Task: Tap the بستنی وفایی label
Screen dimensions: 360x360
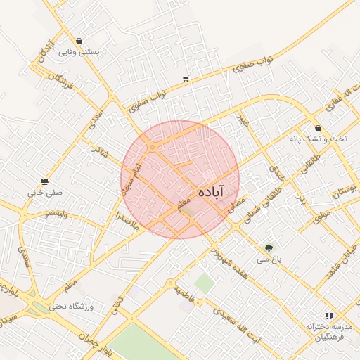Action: [79, 52]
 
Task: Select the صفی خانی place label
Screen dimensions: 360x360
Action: [46, 192]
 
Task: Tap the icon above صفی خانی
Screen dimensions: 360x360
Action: [46, 181]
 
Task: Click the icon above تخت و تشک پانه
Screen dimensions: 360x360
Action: [319, 129]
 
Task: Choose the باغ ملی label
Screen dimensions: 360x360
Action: [269, 260]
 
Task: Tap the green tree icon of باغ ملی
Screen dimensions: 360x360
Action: [269, 248]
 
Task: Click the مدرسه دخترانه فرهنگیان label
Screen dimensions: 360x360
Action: [328, 332]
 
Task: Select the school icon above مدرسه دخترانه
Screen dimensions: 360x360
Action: [328, 316]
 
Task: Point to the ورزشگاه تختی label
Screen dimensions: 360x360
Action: [73, 307]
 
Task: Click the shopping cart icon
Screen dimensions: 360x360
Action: [185, 79]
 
